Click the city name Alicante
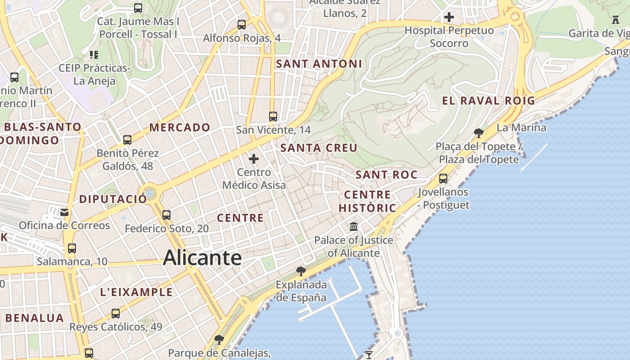[x=202, y=258]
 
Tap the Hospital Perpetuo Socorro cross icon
[x=449, y=18]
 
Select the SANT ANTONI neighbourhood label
[x=319, y=64]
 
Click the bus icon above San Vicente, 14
[x=273, y=116]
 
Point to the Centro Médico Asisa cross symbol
[x=254, y=158]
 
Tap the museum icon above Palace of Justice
[x=354, y=226]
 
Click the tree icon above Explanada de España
[x=301, y=271]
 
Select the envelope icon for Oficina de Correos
[x=65, y=212]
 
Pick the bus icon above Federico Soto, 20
[x=166, y=215]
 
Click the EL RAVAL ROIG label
[x=489, y=101]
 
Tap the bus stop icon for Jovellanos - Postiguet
[x=443, y=178]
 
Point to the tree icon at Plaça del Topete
[x=479, y=133]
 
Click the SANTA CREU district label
[x=319, y=148]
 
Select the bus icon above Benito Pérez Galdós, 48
[x=127, y=139]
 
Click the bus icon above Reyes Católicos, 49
[x=116, y=313]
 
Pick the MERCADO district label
[x=180, y=127]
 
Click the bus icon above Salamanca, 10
[x=72, y=248]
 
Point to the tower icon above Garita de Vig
[x=616, y=19]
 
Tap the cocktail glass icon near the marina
[x=369, y=355]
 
